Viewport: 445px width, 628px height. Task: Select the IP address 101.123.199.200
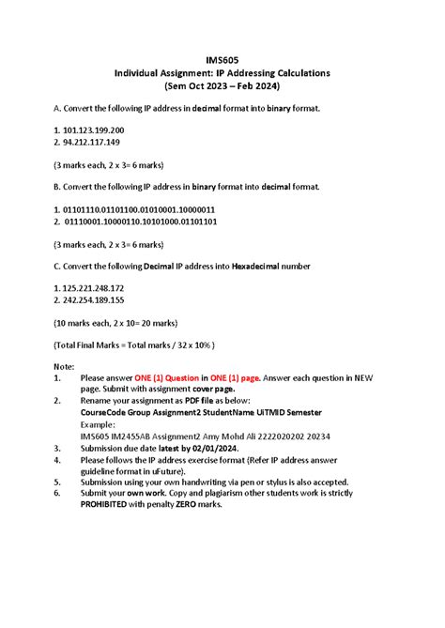pos(94,130)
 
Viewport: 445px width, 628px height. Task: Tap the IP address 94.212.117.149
pos(91,143)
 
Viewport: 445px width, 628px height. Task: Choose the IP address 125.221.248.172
pos(94,287)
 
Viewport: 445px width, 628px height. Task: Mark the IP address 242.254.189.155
pos(94,300)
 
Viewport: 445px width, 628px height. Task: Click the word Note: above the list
pos(65,365)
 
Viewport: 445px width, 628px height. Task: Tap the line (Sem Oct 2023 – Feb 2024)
pos(222,86)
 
